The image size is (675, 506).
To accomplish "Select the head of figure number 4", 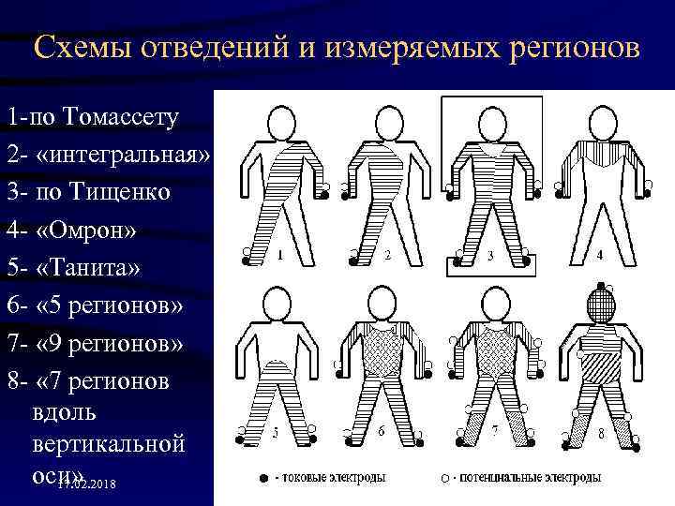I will [598, 123].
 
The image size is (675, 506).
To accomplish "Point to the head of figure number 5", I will [278, 305].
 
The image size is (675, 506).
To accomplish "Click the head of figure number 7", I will [492, 305].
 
